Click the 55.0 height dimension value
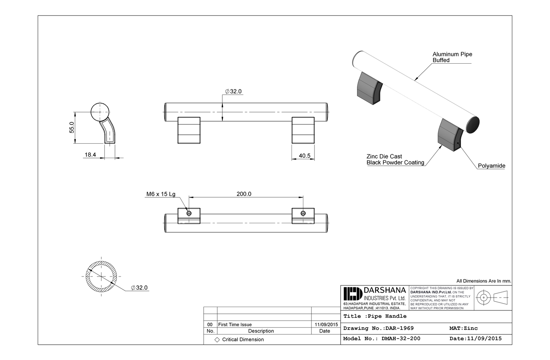(x=72, y=128)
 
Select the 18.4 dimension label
(x=90, y=155)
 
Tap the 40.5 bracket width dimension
(x=304, y=156)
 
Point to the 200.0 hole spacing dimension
(x=244, y=194)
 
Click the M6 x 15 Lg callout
(x=161, y=194)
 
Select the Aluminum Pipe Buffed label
(x=452, y=57)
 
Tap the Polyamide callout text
(x=491, y=166)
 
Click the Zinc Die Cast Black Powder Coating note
(x=395, y=160)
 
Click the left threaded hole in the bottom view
(x=189, y=213)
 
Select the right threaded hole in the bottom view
(x=303, y=213)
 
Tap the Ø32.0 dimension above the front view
(x=233, y=91)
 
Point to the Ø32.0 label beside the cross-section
(x=139, y=288)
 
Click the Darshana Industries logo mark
(x=352, y=294)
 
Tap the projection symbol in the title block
(x=493, y=298)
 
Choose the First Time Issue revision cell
(x=235, y=325)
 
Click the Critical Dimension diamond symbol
(x=217, y=340)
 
